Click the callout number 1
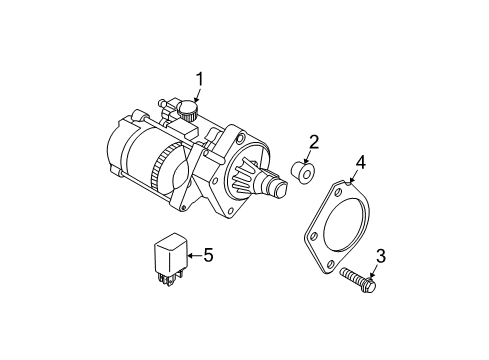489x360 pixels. [x=198, y=78]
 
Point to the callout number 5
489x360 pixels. [x=208, y=255]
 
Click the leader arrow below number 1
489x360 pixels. [x=197, y=96]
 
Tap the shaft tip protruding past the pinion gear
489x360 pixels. [x=272, y=186]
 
